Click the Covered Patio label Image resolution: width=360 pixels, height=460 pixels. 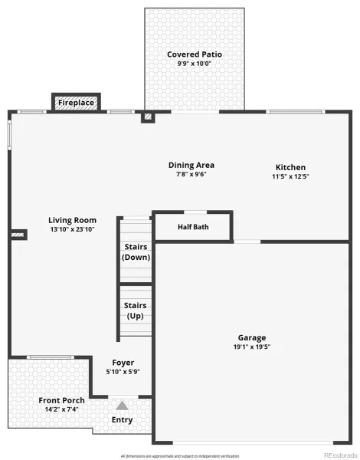pos(195,54)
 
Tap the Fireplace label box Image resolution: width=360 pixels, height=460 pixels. pos(77,103)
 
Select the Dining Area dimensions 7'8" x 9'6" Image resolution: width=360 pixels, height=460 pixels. pos(191,174)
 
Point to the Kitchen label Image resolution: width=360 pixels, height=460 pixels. pos(290,167)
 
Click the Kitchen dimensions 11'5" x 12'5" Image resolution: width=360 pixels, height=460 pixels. pos(290,176)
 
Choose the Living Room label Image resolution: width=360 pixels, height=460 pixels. pos(73,220)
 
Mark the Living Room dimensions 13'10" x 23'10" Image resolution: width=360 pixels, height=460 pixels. pos(73,229)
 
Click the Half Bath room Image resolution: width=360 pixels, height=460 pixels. pos(193,227)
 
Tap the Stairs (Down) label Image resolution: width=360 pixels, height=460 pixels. pos(136,252)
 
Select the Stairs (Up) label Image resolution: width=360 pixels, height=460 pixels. pos(135,310)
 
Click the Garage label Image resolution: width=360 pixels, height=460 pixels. pos(252,338)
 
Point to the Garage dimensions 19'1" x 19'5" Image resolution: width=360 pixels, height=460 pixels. pos(252,347)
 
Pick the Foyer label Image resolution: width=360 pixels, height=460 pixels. pos(123,363)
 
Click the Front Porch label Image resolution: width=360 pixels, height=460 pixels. pos(61,400)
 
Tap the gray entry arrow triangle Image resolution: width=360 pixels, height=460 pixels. pos(122,406)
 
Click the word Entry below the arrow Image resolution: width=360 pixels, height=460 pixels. pos(122,420)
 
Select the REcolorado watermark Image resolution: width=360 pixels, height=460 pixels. pos(340,455)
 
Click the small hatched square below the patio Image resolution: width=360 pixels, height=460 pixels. pos(148,117)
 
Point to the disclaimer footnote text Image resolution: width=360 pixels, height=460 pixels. pos(180,456)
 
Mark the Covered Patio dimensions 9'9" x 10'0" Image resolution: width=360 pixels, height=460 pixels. pos(194,64)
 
